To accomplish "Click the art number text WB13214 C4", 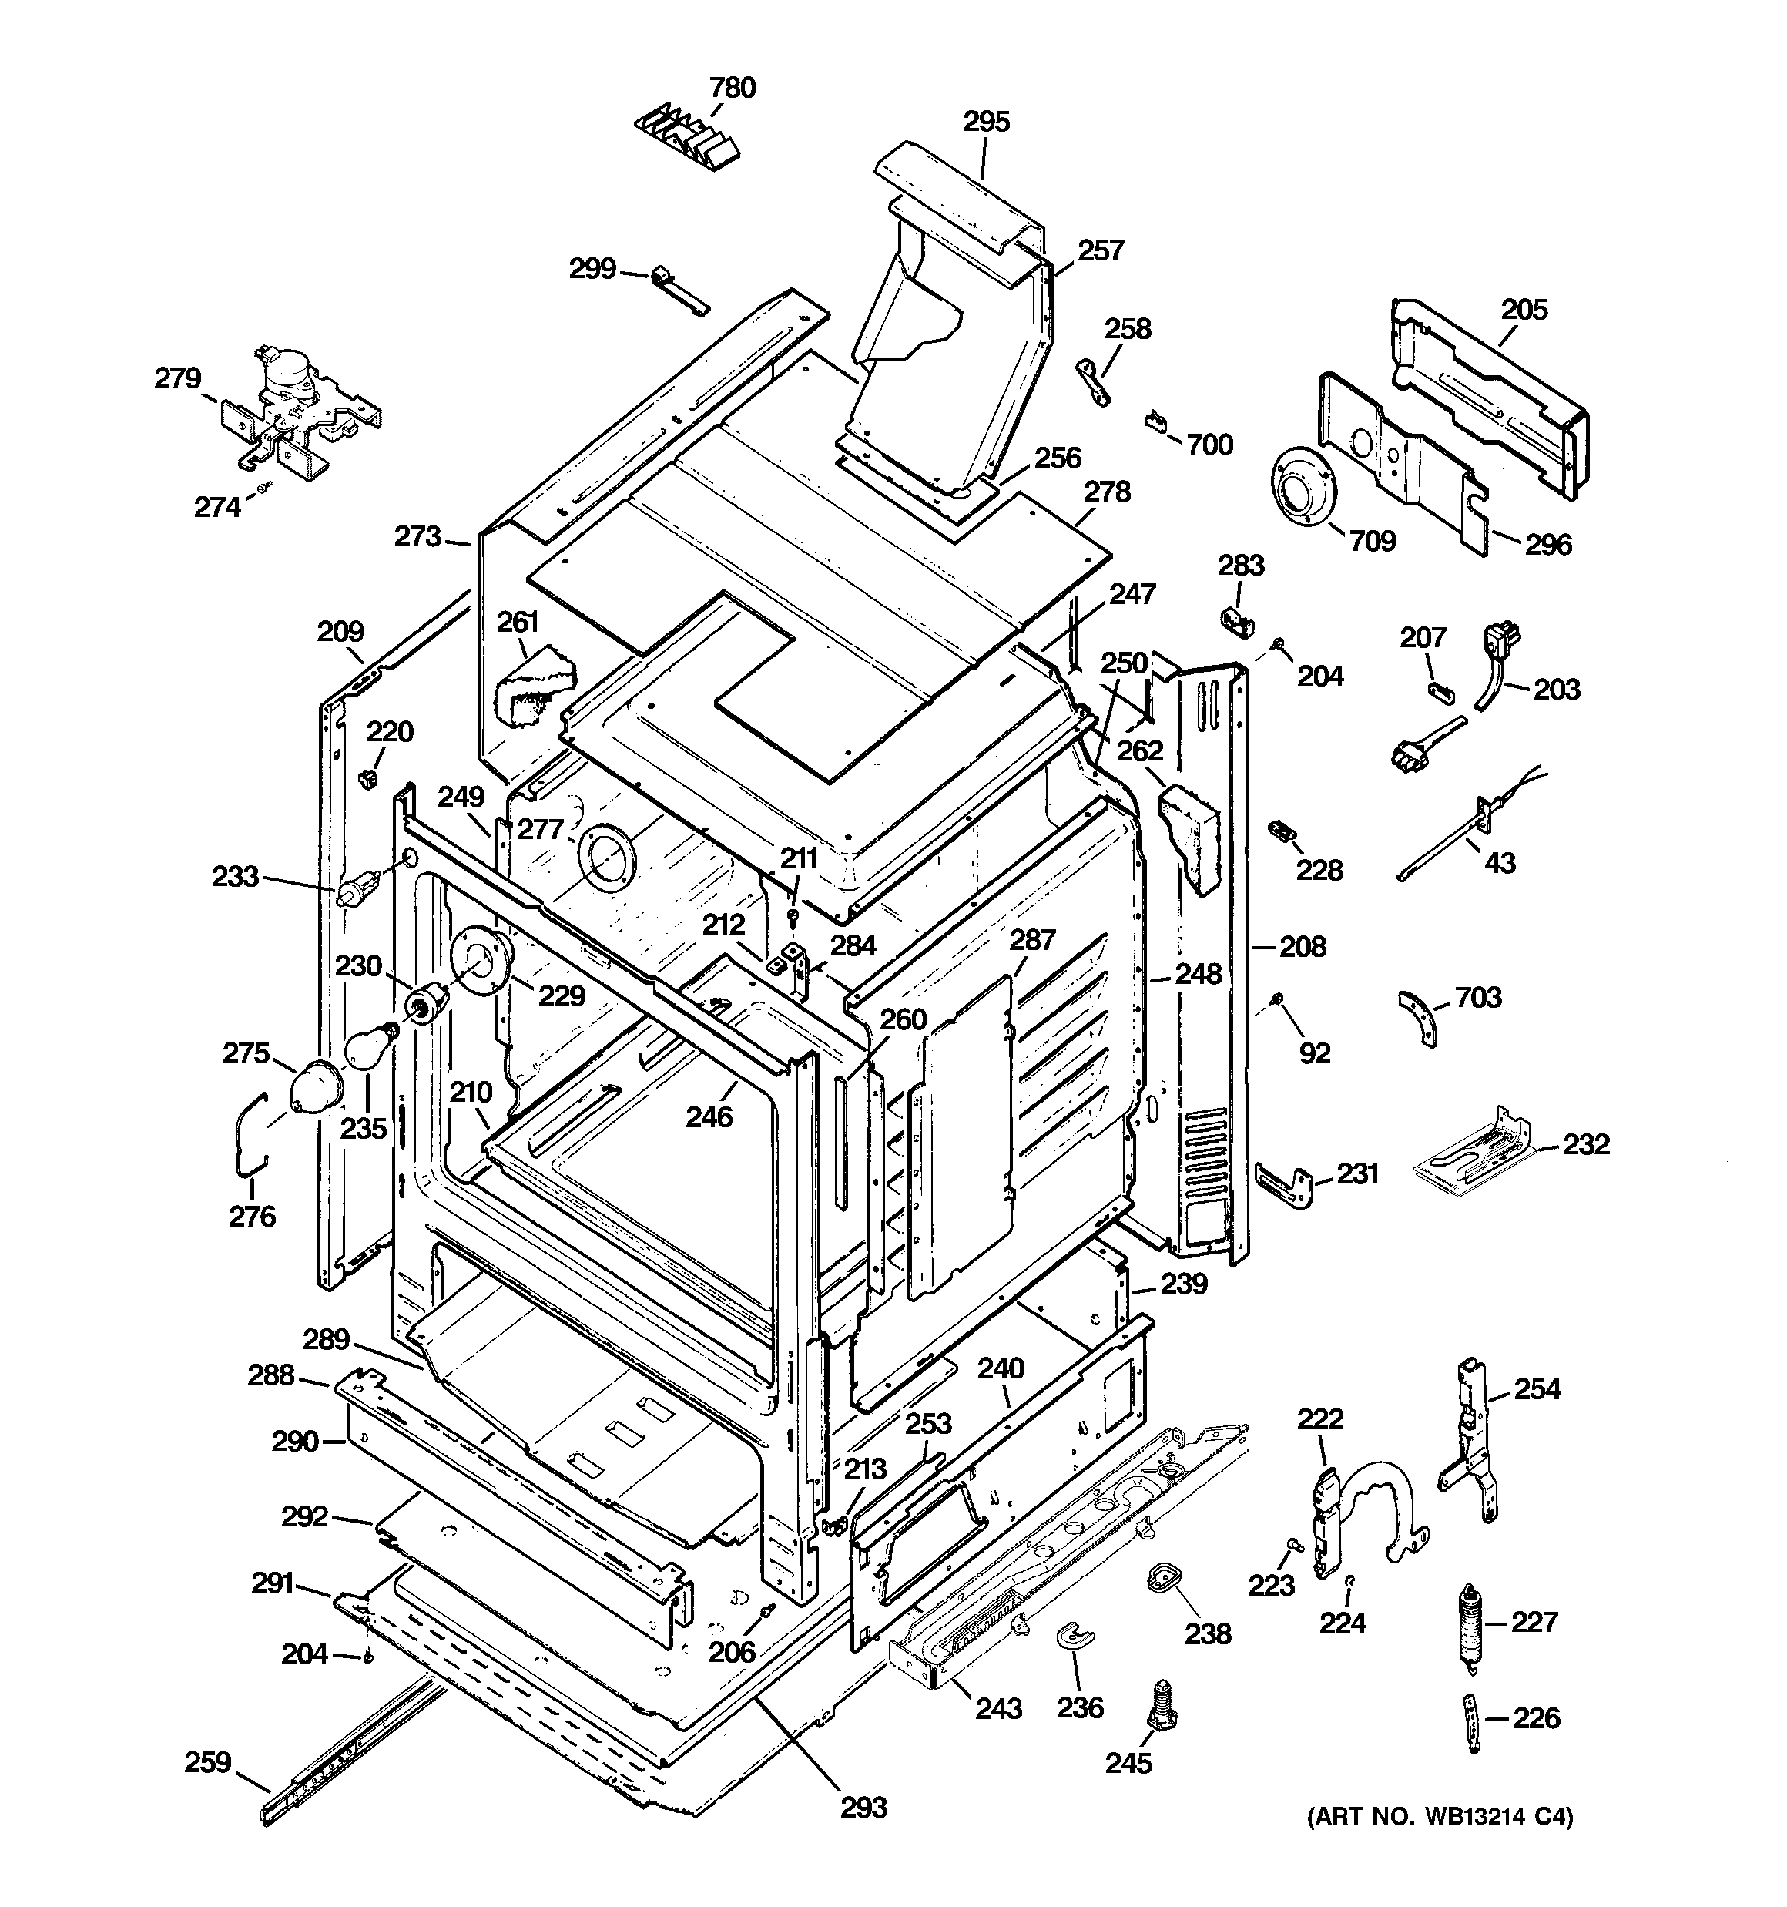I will [x=1440, y=1816].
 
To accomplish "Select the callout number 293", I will [x=863, y=1808].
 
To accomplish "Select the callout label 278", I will [x=1107, y=492].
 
